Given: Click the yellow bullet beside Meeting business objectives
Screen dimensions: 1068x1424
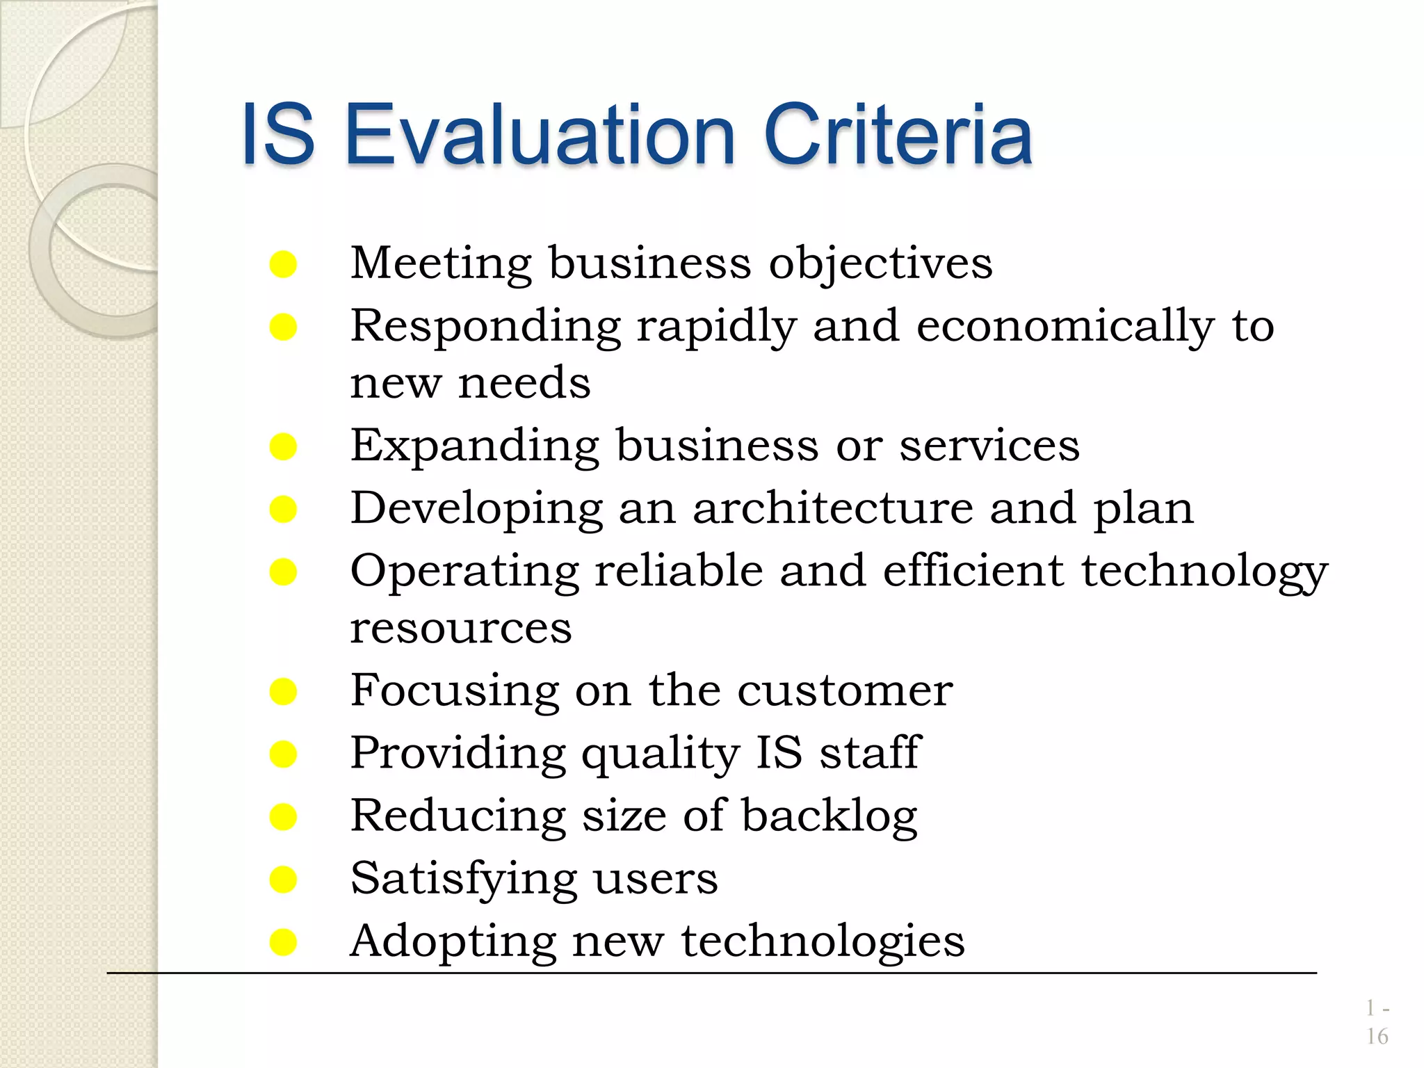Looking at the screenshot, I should tap(283, 265).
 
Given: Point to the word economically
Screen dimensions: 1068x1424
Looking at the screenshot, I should tap(1065, 326).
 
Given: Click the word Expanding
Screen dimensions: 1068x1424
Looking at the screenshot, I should tap(474, 446).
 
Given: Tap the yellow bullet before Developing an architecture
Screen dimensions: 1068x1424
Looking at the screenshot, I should tap(283, 510).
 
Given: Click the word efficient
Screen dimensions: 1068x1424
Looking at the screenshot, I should tap(973, 571).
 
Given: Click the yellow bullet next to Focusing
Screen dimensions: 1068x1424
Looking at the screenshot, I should tap(283, 692).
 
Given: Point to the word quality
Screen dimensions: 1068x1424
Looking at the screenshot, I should tap(660, 754).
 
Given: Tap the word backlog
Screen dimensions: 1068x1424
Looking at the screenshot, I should tap(829, 816).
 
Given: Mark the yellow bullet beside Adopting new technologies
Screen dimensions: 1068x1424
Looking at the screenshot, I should tap(283, 943).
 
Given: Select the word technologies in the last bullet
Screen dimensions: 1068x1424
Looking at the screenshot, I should tap(823, 942).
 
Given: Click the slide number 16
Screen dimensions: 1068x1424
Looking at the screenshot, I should tap(1377, 1037).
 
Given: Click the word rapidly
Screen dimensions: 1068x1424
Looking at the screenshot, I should tap(715, 326).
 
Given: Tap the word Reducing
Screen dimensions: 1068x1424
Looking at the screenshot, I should tap(458, 816).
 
